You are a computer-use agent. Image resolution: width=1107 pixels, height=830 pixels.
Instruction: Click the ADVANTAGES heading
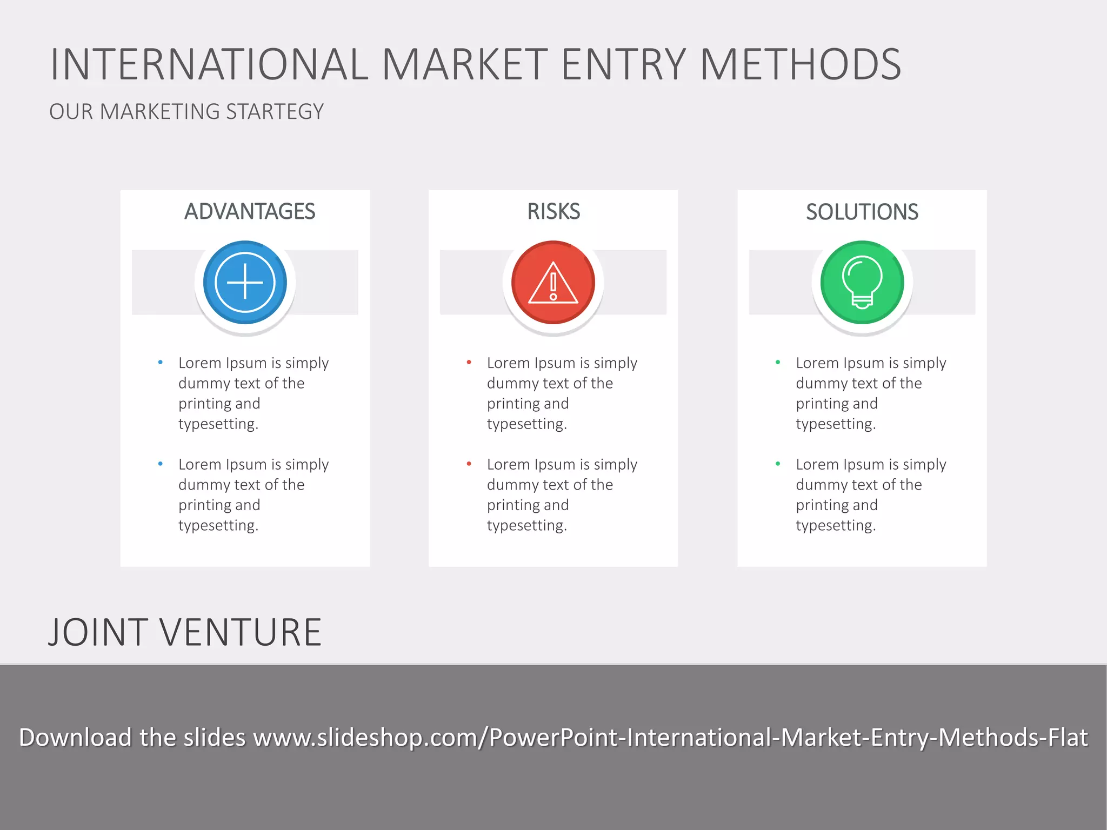tap(250, 211)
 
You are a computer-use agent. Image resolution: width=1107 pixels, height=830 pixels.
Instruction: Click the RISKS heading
tap(553, 211)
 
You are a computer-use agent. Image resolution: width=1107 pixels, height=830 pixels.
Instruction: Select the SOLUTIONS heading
tap(862, 212)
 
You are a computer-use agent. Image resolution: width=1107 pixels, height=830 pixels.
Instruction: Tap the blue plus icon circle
tap(245, 282)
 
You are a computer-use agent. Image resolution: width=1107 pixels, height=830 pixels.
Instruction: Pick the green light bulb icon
tap(862, 282)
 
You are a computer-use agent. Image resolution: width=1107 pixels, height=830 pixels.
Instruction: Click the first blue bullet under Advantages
tap(161, 363)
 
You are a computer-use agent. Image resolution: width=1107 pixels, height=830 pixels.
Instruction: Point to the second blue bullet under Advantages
tap(161, 464)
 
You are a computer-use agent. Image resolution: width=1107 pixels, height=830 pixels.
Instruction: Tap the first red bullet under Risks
tap(469, 363)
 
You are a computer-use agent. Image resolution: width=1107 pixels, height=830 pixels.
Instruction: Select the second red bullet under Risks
tap(469, 464)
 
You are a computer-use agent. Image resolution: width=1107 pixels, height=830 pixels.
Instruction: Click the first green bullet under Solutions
tap(778, 363)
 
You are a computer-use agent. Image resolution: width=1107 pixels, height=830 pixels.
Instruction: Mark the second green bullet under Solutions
tap(778, 464)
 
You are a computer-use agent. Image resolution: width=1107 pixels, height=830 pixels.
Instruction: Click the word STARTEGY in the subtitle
tap(275, 112)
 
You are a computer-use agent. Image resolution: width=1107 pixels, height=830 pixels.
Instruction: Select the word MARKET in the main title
tap(465, 65)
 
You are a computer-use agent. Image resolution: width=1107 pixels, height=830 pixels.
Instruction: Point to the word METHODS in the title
tap(801, 65)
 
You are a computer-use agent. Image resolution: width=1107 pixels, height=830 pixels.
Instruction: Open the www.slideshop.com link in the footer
tap(670, 738)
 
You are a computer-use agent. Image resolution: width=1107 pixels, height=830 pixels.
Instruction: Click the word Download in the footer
tap(75, 738)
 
